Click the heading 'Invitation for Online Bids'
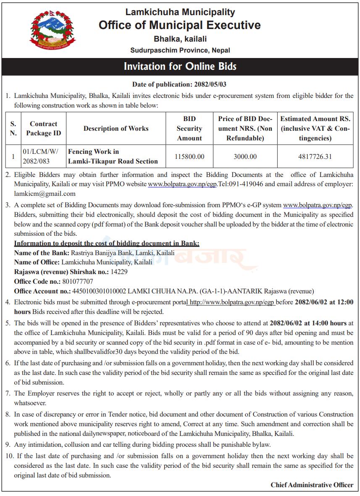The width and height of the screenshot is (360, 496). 180,66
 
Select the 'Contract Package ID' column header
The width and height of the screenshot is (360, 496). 43,129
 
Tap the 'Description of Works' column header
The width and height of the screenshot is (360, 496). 116,129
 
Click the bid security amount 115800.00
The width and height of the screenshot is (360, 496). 189,156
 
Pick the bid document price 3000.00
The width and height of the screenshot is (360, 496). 245,156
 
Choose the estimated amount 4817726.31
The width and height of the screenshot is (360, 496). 315,156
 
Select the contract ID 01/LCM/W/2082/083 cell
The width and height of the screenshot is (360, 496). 41,156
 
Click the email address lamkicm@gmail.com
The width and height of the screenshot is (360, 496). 45,194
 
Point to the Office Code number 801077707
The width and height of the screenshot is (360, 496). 78,281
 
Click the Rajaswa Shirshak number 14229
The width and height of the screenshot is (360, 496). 119,272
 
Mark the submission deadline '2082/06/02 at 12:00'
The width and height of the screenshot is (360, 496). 324,302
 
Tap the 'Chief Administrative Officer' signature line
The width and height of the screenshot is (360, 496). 312,485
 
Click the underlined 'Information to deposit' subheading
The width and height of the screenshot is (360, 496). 107,243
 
